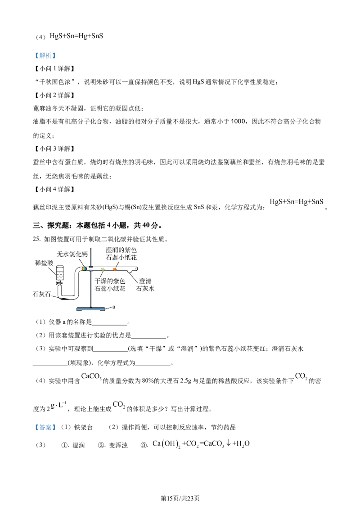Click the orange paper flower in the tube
tap(114, 269)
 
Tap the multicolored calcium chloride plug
tap(84, 268)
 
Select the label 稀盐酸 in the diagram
tap(44, 263)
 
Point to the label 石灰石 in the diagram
tap(41, 294)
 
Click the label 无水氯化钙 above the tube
tap(72, 254)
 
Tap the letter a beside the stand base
tap(114, 307)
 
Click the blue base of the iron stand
tap(91, 309)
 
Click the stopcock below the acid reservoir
tap(59, 283)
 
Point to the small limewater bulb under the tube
tap(130, 272)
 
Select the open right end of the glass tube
tap(136, 268)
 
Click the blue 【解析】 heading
tap(45, 55)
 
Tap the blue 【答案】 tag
tap(45, 427)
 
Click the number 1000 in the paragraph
tap(238, 121)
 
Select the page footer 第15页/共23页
tap(180, 498)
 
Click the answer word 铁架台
tap(84, 427)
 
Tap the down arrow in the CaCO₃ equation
tap(229, 443)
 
